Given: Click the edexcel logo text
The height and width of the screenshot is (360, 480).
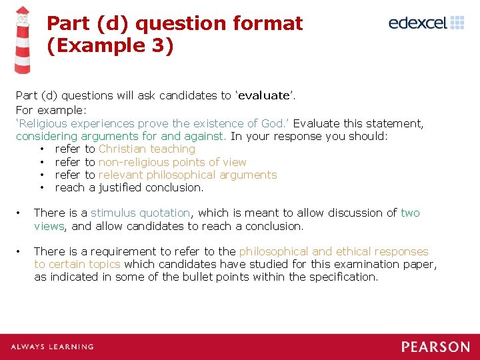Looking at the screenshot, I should [x=417, y=23].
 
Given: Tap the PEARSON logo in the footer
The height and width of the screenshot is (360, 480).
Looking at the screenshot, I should [x=435, y=347].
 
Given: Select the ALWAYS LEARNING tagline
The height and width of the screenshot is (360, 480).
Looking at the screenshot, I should [x=52, y=347].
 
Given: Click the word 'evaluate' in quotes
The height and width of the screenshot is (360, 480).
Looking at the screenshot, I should [x=263, y=95].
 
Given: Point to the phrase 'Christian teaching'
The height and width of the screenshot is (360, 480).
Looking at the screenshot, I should [x=147, y=149].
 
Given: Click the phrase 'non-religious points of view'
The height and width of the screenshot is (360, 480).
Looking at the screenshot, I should [x=172, y=162].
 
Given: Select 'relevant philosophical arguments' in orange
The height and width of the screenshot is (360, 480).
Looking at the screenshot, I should [x=187, y=175].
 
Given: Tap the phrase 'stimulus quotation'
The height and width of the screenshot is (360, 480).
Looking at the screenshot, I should [x=140, y=213].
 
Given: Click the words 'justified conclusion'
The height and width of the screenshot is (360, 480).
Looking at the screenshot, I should [x=151, y=187].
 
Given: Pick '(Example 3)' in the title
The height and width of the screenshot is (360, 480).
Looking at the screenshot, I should [x=110, y=46].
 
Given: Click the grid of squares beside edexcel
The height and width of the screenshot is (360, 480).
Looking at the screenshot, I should [x=457, y=23].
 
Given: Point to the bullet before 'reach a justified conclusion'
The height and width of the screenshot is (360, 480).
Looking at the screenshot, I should [x=43, y=187].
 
